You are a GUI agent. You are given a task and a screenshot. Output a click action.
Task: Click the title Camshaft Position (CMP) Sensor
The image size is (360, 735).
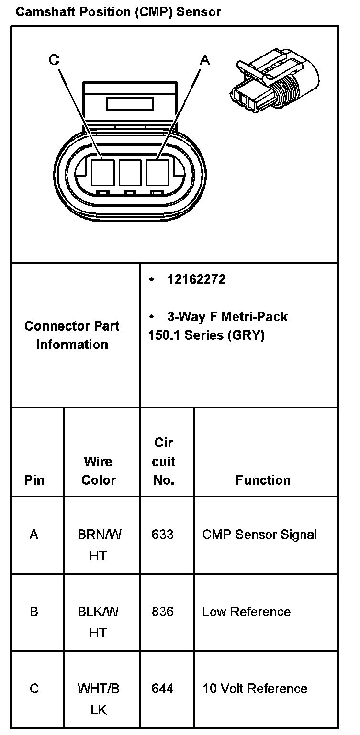click(x=118, y=12)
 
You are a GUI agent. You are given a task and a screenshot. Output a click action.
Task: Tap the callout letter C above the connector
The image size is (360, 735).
click(x=54, y=60)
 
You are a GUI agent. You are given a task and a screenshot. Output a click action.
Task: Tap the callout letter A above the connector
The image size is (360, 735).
click(x=205, y=60)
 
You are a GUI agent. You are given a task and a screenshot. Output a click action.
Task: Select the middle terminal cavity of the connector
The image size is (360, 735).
click(x=130, y=173)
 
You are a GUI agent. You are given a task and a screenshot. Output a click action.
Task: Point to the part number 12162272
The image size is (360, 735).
click(x=196, y=279)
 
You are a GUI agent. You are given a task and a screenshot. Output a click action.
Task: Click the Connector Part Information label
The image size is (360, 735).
click(x=72, y=335)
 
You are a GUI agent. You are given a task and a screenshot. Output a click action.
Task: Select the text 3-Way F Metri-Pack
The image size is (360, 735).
click(x=227, y=317)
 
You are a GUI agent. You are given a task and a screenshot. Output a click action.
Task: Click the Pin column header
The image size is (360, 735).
click(x=34, y=480)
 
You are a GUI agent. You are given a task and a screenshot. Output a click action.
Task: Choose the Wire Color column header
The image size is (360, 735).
click(x=98, y=471)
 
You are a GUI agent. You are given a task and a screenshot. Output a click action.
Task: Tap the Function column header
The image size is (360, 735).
click(x=263, y=480)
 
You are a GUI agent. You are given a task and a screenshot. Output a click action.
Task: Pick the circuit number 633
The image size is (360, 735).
click(x=162, y=535)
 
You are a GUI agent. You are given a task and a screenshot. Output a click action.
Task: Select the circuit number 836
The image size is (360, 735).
click(x=162, y=612)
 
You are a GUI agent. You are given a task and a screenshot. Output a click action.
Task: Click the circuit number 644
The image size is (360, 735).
click(x=162, y=689)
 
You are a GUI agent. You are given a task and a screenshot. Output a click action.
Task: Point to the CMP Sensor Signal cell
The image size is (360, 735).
click(x=259, y=535)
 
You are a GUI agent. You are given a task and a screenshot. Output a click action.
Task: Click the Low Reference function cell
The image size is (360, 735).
click(x=246, y=612)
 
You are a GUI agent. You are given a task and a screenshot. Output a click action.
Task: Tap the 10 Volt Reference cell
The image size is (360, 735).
click(x=255, y=689)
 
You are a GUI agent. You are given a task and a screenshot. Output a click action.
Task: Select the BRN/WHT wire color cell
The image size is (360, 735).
click(x=99, y=545)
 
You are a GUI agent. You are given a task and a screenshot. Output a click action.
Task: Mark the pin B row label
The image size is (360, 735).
click(x=34, y=612)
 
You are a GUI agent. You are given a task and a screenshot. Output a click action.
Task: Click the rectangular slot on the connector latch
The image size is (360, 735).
click(x=130, y=104)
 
